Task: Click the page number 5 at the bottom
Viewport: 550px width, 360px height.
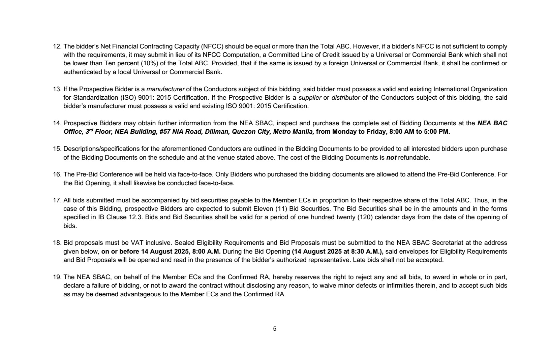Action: (x=275, y=329)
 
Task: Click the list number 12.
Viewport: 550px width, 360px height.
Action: (x=56, y=46)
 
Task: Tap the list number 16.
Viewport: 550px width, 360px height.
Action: (x=56, y=174)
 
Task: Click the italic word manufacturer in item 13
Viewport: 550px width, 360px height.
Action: (x=165, y=89)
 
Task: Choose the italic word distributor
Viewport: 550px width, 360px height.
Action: (x=345, y=98)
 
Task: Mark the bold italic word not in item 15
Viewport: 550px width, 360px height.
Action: (x=391, y=157)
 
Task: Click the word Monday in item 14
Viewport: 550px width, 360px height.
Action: (x=343, y=132)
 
